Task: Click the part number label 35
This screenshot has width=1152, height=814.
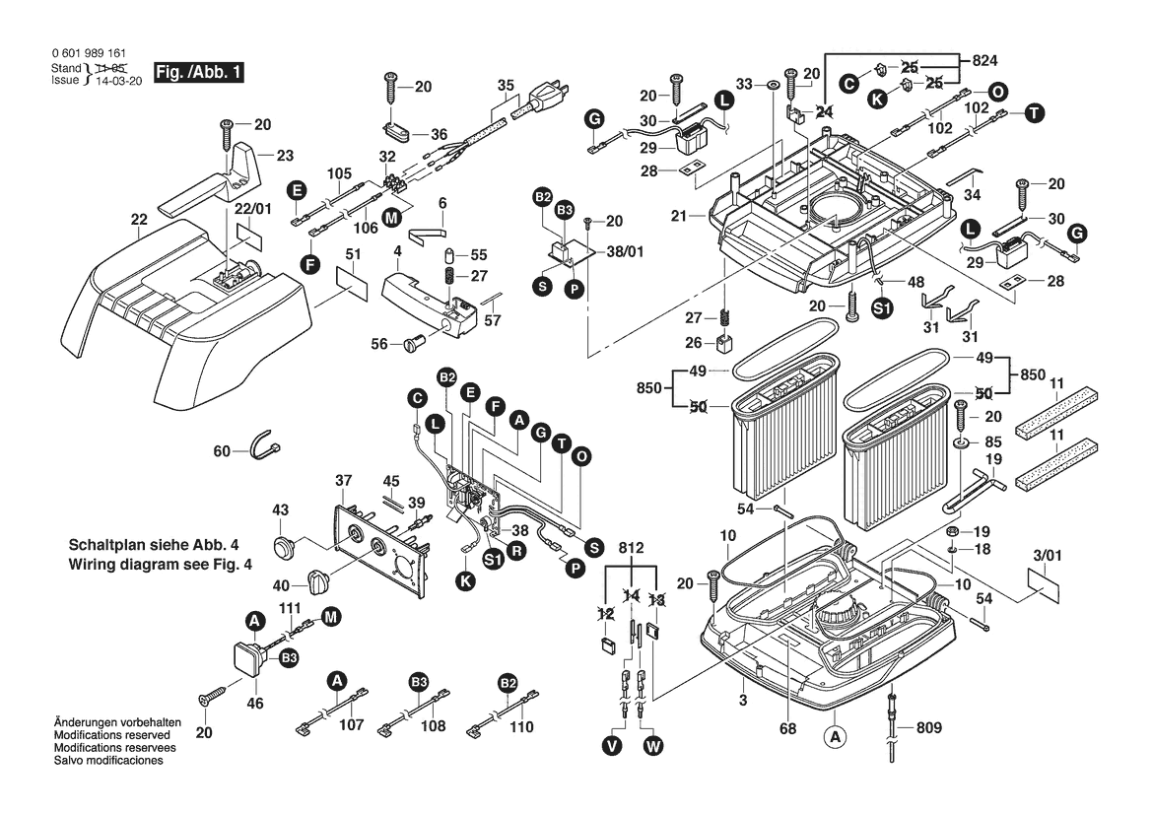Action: coord(506,86)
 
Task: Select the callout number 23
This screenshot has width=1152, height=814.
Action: coord(284,155)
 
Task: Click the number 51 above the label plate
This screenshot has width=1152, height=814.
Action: coord(352,253)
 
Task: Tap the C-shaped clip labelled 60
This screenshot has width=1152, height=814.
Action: coord(264,445)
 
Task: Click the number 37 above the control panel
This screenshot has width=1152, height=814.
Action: coord(343,481)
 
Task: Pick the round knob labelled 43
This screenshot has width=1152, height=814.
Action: coord(286,545)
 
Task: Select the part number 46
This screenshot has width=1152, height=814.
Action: coord(255,704)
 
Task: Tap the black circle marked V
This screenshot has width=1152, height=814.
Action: coord(613,746)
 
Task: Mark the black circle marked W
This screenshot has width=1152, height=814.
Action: coord(652,746)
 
